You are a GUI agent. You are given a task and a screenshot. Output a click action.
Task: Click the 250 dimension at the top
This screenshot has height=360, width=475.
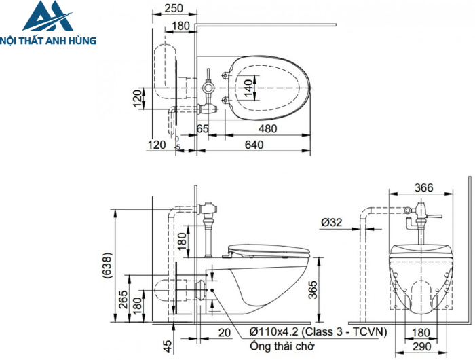174,8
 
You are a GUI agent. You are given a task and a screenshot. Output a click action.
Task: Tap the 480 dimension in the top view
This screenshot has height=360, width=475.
267,128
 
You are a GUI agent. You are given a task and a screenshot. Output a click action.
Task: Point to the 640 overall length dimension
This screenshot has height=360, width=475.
254,144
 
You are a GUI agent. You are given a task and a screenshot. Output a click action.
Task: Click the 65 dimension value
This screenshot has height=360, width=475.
203,128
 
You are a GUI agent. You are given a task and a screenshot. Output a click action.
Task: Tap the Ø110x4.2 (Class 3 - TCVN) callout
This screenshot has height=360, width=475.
316,331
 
